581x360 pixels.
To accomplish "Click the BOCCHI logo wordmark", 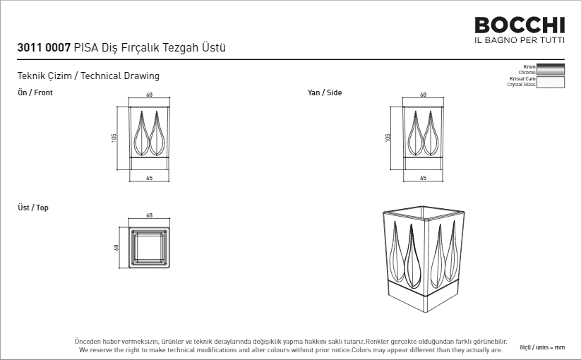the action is (x=520, y=25).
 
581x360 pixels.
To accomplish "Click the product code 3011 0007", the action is (x=44, y=47).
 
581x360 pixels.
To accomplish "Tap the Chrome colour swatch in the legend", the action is (x=551, y=69).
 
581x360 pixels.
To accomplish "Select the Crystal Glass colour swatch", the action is (x=551, y=82).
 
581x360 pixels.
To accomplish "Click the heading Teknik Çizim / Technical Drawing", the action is (x=88, y=76).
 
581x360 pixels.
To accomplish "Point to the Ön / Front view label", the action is (x=35, y=92).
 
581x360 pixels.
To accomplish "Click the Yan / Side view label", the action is (x=325, y=92).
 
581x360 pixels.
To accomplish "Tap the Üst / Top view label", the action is (x=33, y=208).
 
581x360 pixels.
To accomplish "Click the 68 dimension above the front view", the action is (x=150, y=95).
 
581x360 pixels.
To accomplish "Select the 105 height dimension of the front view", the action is (x=114, y=138).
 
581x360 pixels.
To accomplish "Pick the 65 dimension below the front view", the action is (x=150, y=178).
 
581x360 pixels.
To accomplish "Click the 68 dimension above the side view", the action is (x=423, y=95).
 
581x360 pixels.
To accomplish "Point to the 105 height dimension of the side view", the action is (x=388, y=138).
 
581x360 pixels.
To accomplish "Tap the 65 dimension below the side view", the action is (x=423, y=178).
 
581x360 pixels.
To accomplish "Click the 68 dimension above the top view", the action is (x=150, y=215).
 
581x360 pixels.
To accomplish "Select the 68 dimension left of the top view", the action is (x=116, y=247).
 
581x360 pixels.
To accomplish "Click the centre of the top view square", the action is (x=149, y=247).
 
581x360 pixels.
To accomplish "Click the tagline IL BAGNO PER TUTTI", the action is (x=520, y=40).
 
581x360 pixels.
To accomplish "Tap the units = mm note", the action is (x=542, y=347).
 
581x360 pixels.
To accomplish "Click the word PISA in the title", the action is (x=86, y=47).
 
